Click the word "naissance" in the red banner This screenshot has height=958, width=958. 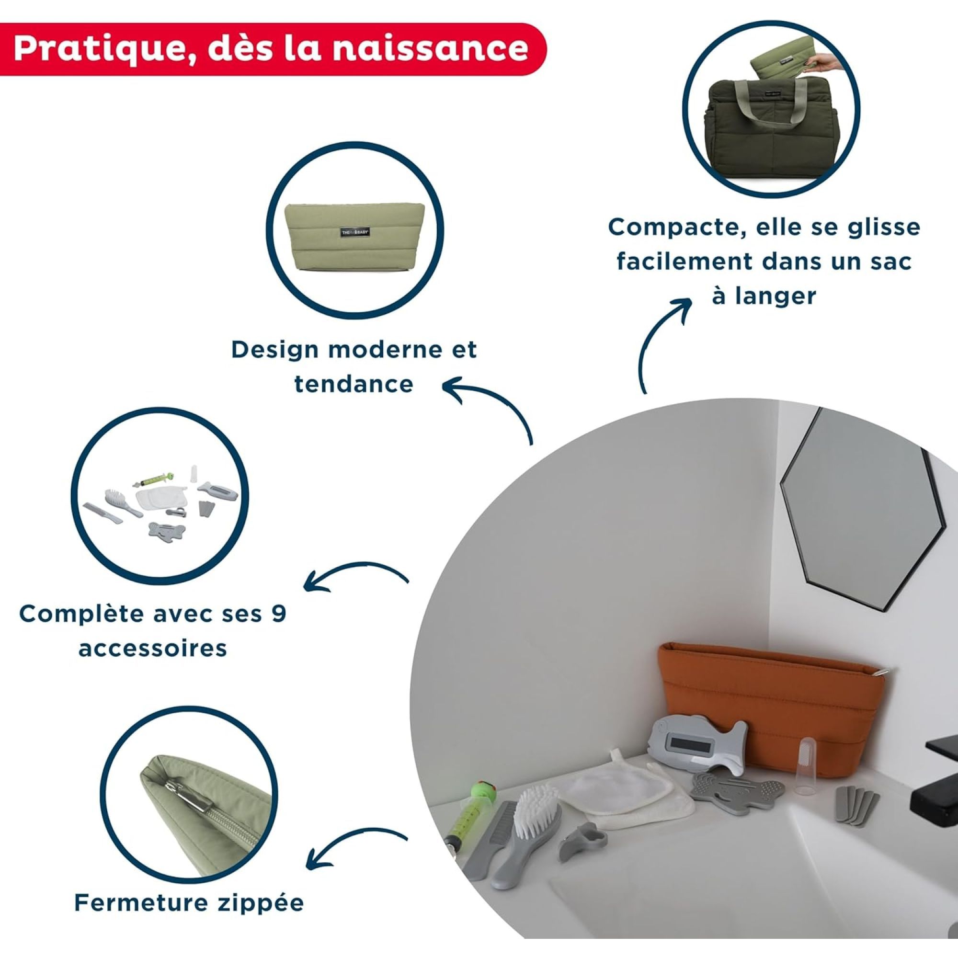(x=429, y=48)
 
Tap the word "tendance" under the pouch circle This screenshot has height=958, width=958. (x=354, y=384)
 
